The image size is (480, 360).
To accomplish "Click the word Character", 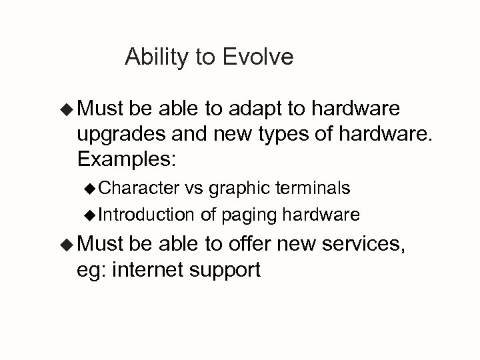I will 138,189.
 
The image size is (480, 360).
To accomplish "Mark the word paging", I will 247,215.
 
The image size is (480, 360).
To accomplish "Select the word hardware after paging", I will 322,215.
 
